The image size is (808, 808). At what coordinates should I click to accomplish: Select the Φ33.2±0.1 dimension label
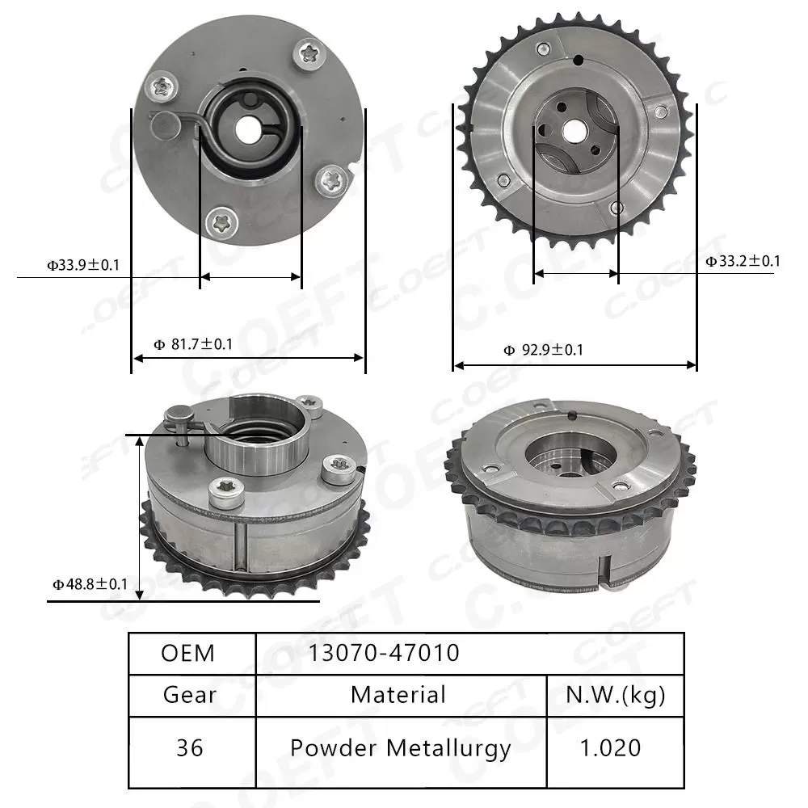tap(743, 260)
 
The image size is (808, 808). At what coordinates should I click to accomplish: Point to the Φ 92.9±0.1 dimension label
tap(543, 350)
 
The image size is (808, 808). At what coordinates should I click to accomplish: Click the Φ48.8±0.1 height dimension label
tap(90, 583)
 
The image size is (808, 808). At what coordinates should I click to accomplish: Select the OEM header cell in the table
tap(188, 653)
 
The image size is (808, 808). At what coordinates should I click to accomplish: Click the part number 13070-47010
tap(383, 653)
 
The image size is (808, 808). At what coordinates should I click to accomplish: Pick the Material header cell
tap(398, 695)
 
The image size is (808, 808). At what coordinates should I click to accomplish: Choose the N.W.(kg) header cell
tap(615, 695)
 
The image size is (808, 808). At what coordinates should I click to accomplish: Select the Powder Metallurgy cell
tap(400, 748)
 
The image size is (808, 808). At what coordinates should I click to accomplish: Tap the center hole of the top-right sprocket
tap(575, 128)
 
